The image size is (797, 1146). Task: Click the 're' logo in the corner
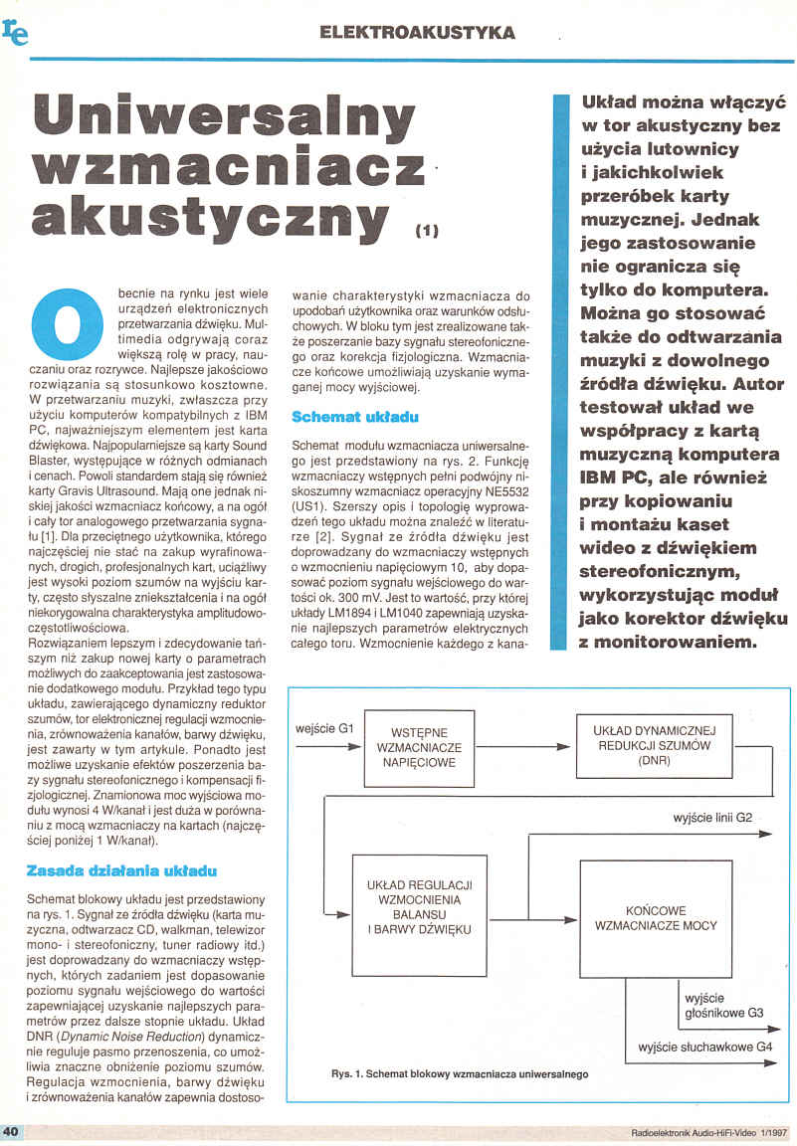(16, 33)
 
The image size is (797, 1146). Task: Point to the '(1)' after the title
(426, 231)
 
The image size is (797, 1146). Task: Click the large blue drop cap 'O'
(66, 320)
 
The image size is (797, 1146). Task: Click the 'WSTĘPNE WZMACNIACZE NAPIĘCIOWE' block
(418, 748)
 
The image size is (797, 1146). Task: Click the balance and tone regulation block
(419, 908)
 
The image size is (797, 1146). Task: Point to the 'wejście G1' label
(325, 729)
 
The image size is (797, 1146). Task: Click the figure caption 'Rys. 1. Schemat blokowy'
(459, 1074)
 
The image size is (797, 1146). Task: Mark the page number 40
(12, 1132)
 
